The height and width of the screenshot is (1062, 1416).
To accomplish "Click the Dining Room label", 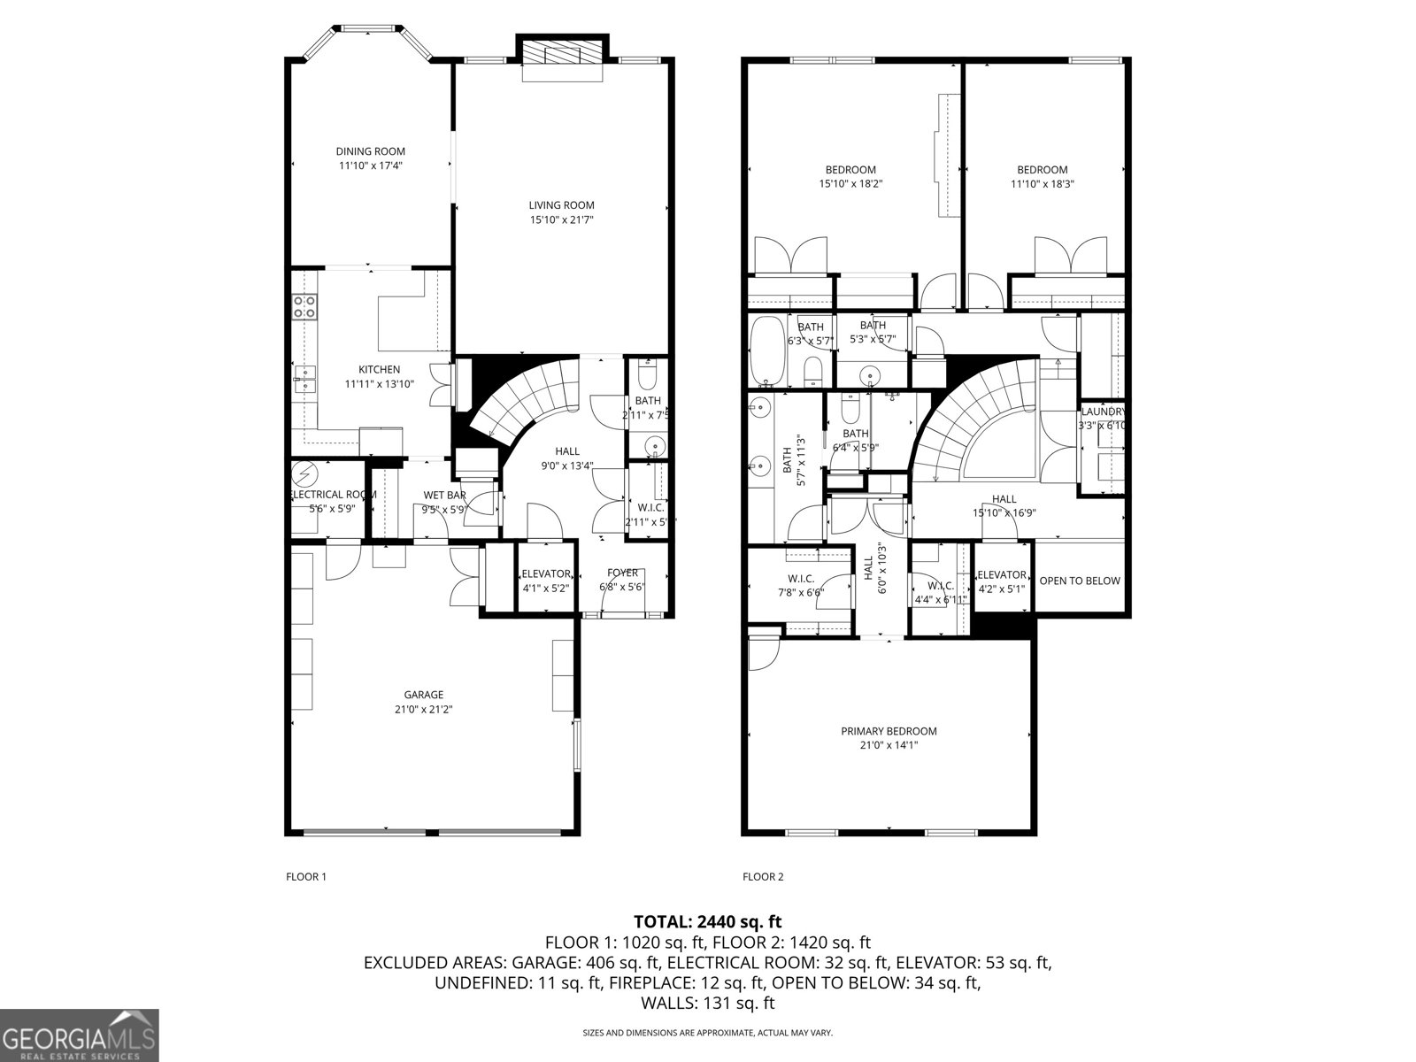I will pyautogui.click(x=370, y=151).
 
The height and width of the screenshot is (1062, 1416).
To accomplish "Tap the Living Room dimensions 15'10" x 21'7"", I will pyautogui.click(x=561, y=219).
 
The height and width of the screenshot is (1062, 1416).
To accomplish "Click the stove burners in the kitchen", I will pyautogui.click(x=305, y=306).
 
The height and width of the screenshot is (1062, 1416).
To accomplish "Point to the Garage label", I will pyautogui.click(x=424, y=695).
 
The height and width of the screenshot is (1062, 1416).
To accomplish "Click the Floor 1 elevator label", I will pyautogui.click(x=546, y=573).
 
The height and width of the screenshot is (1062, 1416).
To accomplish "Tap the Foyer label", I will pyautogui.click(x=622, y=573).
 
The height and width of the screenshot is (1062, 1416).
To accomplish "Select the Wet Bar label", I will pyautogui.click(x=444, y=495).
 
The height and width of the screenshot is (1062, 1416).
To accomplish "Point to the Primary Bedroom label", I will pyautogui.click(x=889, y=731).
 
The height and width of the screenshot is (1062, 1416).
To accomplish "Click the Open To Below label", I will pyautogui.click(x=1080, y=581).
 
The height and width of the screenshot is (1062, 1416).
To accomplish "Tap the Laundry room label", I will pyautogui.click(x=1103, y=412).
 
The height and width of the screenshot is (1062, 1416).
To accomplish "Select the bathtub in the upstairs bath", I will pyautogui.click(x=764, y=350).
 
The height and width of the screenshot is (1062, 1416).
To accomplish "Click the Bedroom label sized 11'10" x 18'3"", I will pyautogui.click(x=1042, y=170).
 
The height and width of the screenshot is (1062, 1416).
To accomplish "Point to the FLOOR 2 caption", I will pyautogui.click(x=763, y=877).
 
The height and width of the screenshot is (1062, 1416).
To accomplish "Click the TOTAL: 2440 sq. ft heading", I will pyautogui.click(x=707, y=921).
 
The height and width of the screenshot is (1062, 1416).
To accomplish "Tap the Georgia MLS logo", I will pyautogui.click(x=80, y=1035).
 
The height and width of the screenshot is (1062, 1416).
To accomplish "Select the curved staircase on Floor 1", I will pyautogui.click(x=522, y=398).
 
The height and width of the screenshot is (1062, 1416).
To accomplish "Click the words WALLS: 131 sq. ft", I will pyautogui.click(x=707, y=1003).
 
